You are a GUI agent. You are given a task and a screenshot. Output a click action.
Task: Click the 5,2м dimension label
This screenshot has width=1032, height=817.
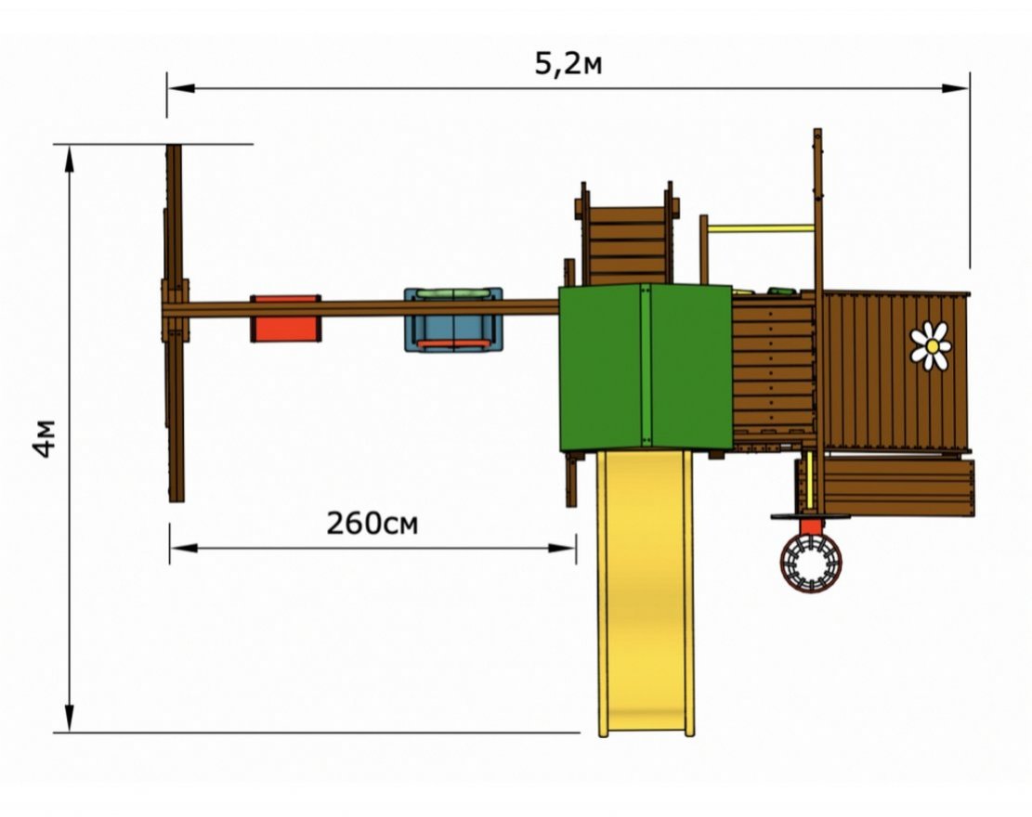coord(568,64)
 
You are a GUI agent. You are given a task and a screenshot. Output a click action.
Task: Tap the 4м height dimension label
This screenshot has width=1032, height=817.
coord(46,438)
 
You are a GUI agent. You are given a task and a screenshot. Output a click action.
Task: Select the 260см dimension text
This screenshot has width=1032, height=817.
coord(372,524)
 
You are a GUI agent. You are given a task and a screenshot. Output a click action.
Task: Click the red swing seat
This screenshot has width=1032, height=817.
coord(286,319)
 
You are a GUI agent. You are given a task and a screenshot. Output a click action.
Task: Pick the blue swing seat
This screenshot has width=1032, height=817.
coord(453,319)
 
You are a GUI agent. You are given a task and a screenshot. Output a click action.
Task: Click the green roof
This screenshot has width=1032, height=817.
coord(646,368)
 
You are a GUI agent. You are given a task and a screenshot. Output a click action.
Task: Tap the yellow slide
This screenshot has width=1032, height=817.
coord(646,592)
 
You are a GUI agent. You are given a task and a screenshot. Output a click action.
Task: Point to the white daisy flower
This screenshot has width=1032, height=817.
coord(932,345)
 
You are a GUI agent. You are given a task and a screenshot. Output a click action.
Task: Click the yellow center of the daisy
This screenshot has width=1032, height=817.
coord(932,346)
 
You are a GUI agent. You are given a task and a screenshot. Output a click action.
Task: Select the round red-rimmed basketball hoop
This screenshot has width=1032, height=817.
coord(811,564)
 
